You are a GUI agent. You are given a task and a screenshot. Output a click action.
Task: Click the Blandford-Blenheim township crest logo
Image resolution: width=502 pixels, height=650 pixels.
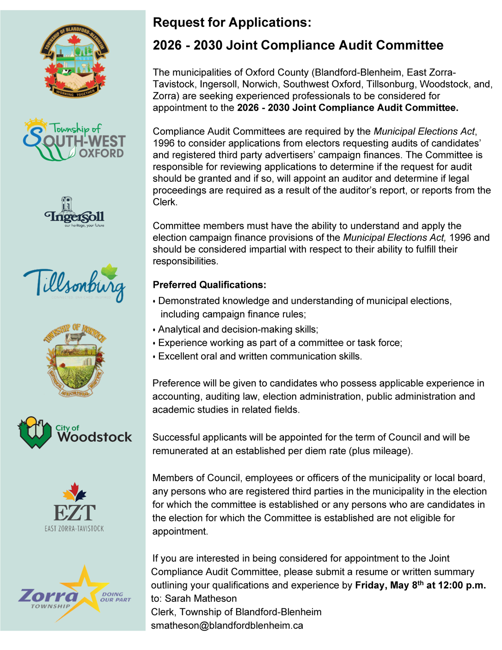(x=74, y=61)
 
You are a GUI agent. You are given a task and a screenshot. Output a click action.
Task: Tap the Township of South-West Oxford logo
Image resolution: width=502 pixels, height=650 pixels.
(x=74, y=139)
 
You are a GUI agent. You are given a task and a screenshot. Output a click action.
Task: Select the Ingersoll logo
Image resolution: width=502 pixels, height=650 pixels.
(x=74, y=212)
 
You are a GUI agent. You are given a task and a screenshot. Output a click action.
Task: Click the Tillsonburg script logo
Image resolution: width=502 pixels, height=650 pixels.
(x=74, y=283)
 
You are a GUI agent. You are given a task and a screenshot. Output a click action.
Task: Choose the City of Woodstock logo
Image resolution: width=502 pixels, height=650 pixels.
(x=74, y=433)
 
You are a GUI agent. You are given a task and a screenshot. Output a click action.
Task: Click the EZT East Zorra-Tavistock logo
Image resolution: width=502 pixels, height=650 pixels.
(x=74, y=508)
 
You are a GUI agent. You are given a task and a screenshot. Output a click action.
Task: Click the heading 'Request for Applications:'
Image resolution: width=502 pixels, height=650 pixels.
(x=232, y=22)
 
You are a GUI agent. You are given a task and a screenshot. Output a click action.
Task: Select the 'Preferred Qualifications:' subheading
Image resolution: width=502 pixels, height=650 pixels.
(x=209, y=285)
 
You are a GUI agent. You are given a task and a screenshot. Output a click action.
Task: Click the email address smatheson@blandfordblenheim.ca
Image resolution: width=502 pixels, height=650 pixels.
(x=227, y=625)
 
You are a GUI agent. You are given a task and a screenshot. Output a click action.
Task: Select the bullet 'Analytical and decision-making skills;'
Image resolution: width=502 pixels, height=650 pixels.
(x=238, y=329)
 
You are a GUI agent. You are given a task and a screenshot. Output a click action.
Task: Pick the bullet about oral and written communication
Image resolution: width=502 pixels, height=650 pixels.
(x=260, y=356)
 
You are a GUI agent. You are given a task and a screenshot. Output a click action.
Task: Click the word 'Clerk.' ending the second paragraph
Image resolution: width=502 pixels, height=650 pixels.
(x=165, y=202)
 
